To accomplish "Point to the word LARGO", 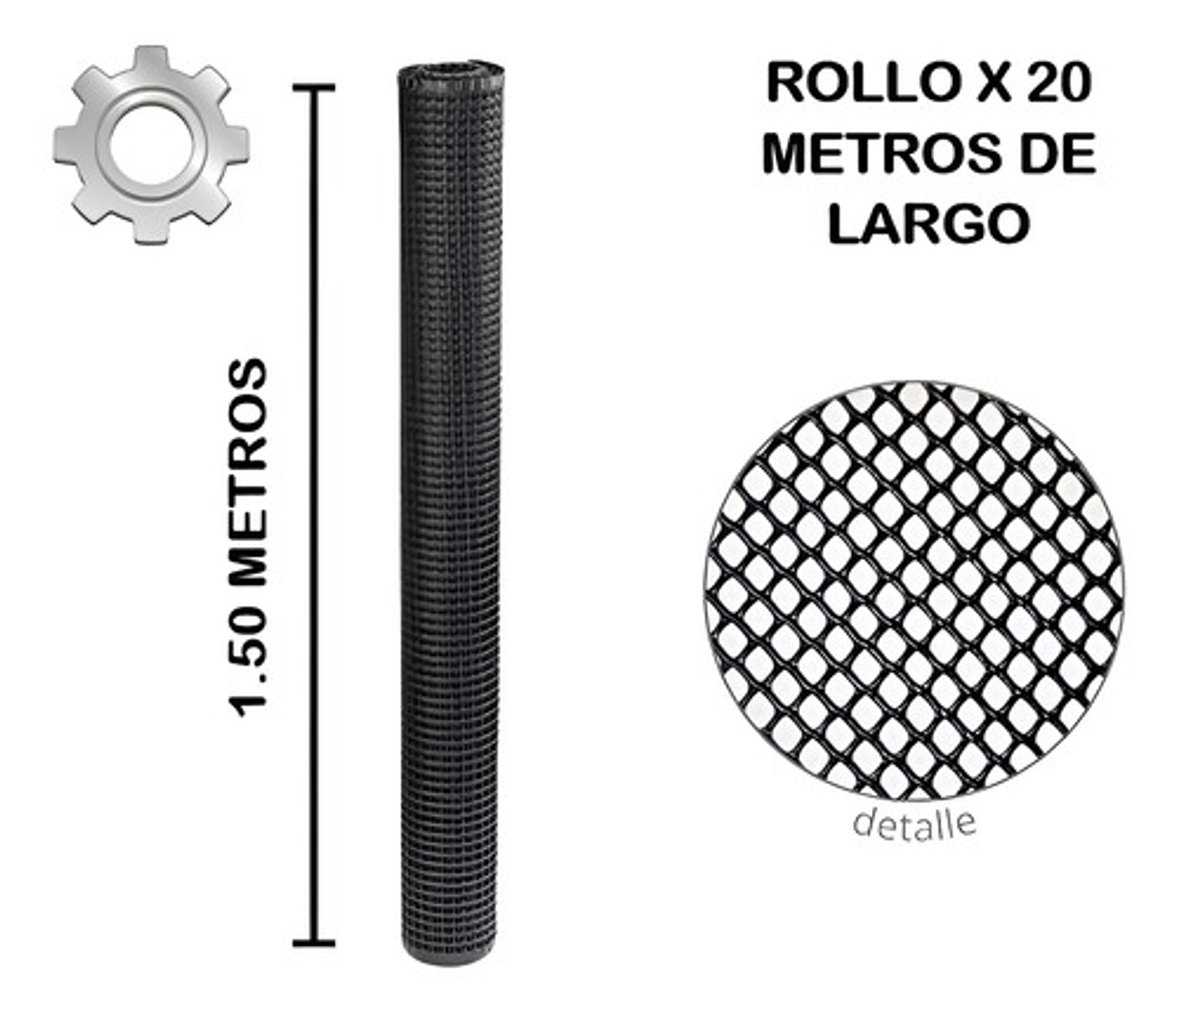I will tap(928, 223).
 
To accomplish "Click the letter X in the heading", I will tap(992, 84).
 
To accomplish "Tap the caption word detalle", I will tap(914, 822).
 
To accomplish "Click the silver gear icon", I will tap(151, 145).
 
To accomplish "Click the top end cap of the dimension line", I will tap(313, 87).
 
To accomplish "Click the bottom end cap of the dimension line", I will tap(313, 943).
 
